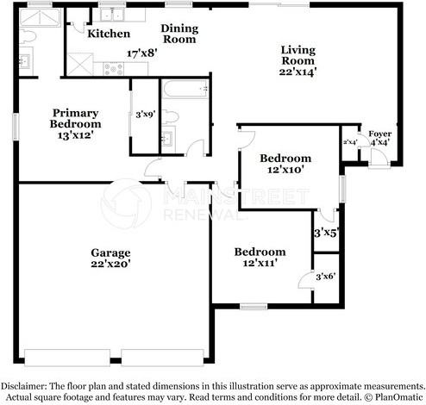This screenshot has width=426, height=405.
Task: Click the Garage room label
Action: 110,253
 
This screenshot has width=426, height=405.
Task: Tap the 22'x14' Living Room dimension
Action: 298,72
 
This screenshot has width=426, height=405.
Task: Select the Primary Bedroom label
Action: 75,118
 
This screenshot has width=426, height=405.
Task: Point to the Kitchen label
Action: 109,34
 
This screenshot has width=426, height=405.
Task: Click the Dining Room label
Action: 179,34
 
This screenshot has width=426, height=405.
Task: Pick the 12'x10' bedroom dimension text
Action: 285,170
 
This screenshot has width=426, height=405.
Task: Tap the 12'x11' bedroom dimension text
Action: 260,263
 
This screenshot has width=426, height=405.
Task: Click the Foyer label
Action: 380,134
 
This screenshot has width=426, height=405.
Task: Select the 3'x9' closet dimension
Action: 146,115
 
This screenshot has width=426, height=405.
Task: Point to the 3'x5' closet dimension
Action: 325,233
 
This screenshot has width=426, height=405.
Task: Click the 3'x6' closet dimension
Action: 326,277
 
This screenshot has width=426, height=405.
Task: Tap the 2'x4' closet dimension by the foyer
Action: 350,142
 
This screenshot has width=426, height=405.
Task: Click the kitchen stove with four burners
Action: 113,69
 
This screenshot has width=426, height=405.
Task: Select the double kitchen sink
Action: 112,15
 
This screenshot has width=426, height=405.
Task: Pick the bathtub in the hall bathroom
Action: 185,90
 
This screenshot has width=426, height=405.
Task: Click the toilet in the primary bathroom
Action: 28,37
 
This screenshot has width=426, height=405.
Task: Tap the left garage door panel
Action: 67,358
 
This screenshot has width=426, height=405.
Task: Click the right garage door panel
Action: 163,358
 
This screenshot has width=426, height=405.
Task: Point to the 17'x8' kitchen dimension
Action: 142,53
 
